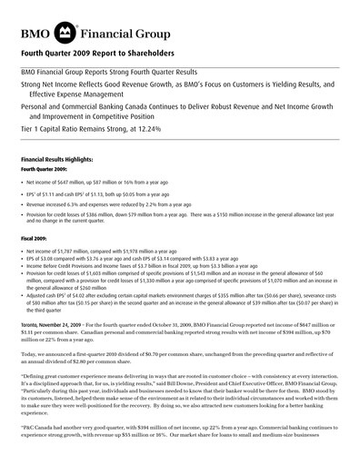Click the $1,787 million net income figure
click(78, 251)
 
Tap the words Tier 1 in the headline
click(33, 129)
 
